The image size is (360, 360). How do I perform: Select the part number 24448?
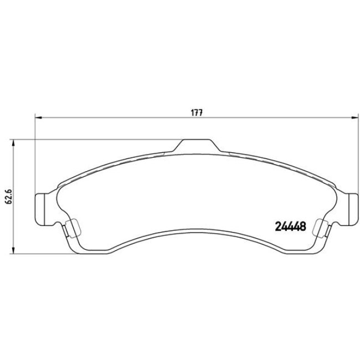point(291,226)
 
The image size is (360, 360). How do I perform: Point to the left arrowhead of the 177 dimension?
point(38,117)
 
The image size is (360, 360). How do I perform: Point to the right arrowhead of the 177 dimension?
point(355,117)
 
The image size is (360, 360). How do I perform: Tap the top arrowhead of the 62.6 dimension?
point(13,142)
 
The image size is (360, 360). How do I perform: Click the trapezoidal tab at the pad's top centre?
point(197,145)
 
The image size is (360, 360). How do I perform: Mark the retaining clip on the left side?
point(70,228)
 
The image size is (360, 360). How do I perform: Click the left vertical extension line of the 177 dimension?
point(35,155)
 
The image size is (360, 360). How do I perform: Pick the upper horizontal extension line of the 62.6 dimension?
point(83,138)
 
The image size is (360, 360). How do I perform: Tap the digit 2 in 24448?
point(279,226)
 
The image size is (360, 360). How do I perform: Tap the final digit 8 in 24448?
point(304,226)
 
